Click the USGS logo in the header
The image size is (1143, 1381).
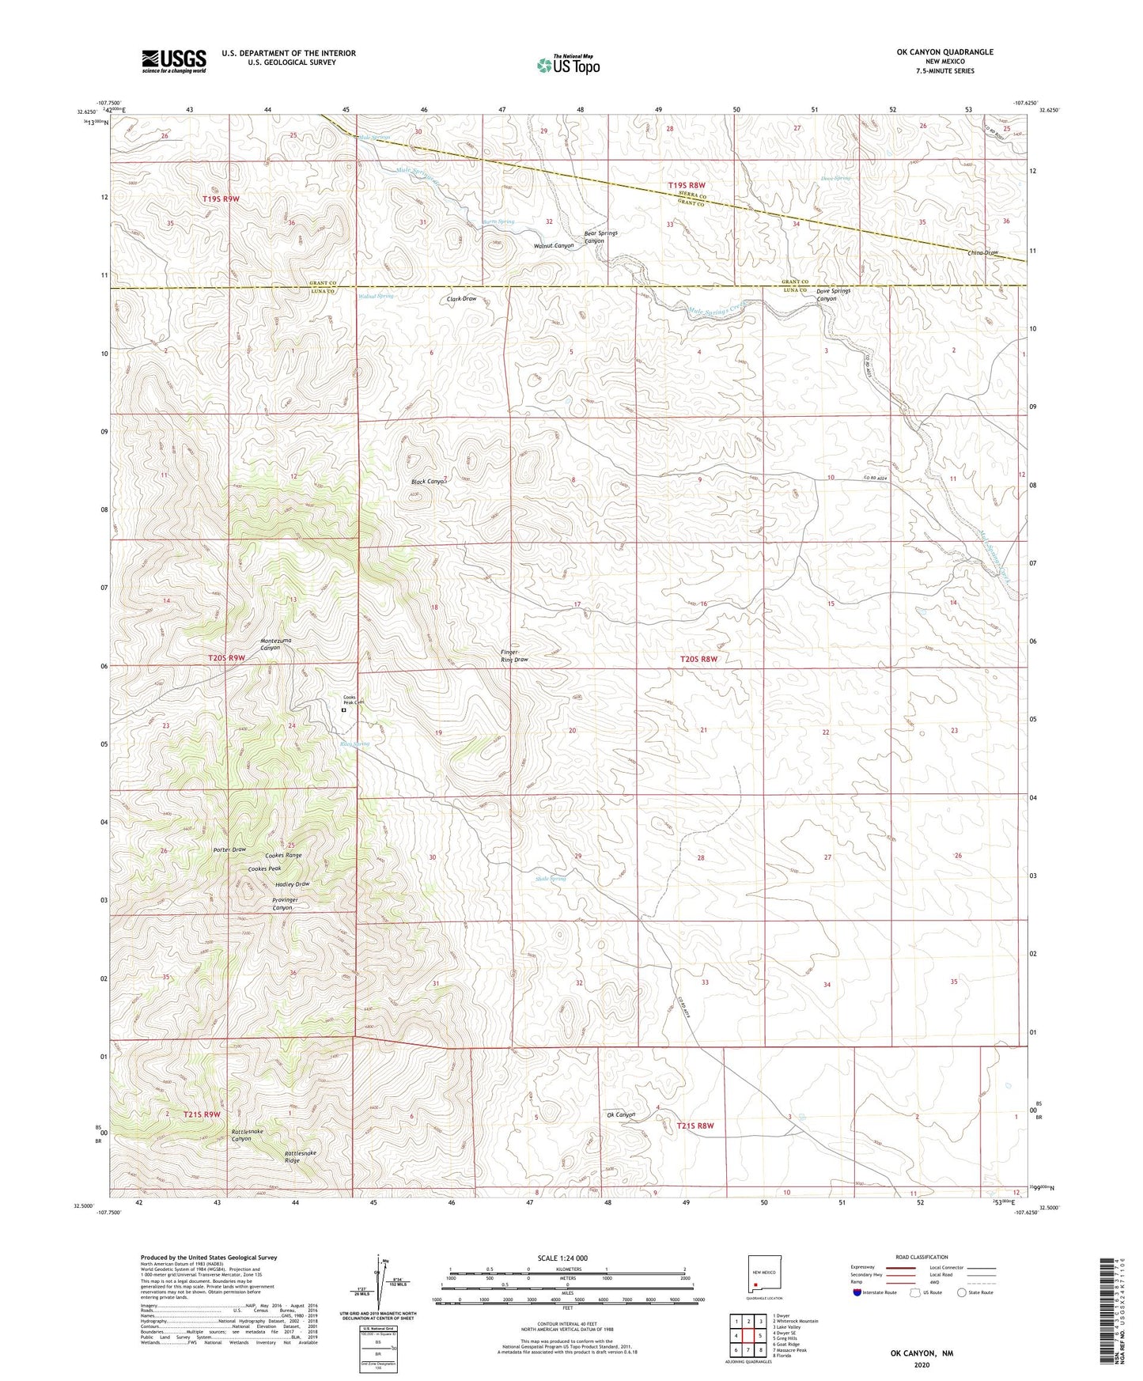click(x=174, y=60)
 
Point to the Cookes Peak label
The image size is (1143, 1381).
click(x=264, y=868)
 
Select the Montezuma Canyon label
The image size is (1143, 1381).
click(x=271, y=644)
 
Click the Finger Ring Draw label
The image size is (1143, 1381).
click(x=514, y=656)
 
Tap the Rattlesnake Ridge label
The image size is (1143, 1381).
click(x=300, y=1156)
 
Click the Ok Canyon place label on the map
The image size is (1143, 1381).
click(x=621, y=1114)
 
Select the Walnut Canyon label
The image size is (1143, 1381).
click(x=554, y=246)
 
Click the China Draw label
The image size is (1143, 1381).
click(x=983, y=253)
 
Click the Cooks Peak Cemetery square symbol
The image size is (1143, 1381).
click(x=343, y=710)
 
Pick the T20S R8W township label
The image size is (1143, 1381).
click(x=699, y=659)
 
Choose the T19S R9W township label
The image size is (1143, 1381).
click(x=221, y=199)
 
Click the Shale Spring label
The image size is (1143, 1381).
click(x=551, y=879)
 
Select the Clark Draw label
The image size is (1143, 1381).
click(x=462, y=299)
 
